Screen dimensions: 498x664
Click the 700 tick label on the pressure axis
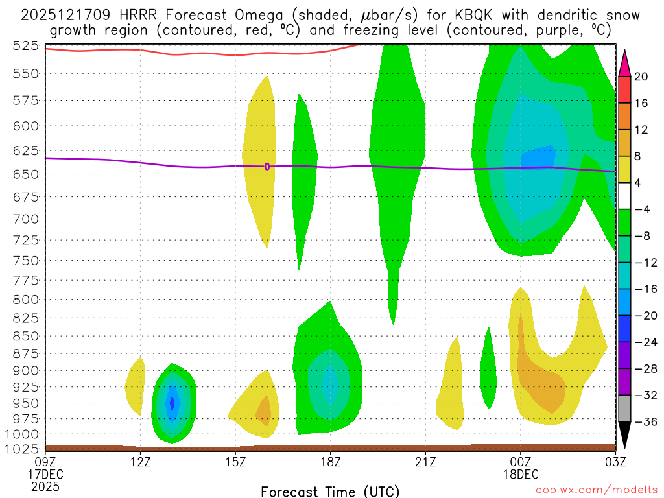[25, 219]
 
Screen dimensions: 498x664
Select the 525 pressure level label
[25, 45]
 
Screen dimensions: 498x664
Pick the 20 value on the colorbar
[641, 77]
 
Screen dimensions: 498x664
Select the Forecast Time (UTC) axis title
[330, 491]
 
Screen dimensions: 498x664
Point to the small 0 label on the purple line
[267, 167]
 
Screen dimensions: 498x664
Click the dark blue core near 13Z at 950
[172, 403]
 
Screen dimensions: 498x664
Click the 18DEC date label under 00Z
[521, 474]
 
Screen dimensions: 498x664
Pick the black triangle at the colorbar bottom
[624, 436]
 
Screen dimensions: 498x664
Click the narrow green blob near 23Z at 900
[488, 373]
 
